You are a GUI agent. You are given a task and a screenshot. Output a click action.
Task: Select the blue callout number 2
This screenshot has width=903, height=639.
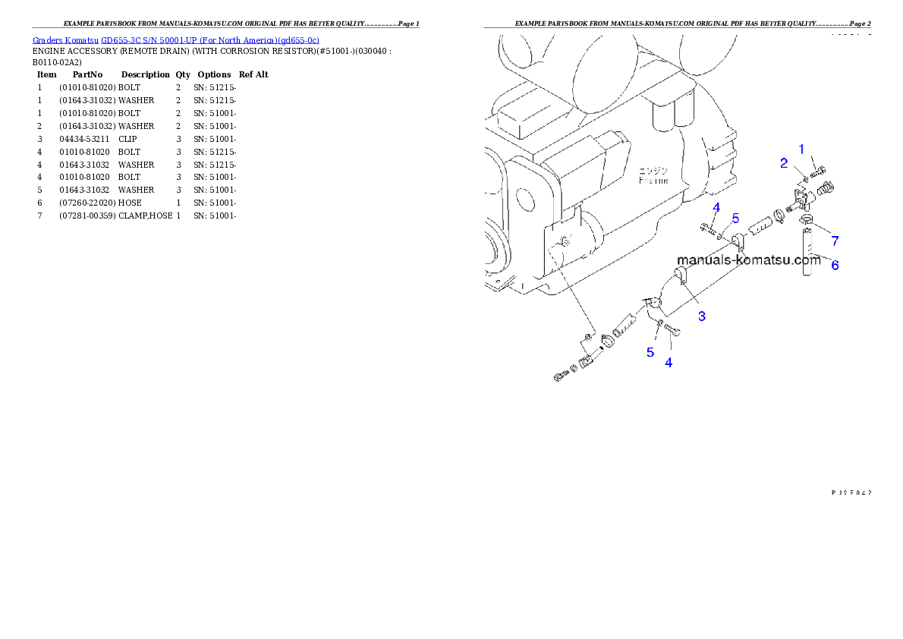784,163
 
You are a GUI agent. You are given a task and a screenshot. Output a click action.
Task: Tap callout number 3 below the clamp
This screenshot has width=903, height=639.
702,316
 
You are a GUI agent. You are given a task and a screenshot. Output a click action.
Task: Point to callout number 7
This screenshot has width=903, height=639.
835,241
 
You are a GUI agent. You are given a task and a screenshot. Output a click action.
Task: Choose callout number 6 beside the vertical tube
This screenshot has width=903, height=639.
835,265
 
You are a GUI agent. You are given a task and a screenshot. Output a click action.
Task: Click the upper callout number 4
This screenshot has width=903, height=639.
716,207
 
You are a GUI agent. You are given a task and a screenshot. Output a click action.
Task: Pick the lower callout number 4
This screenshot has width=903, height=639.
669,363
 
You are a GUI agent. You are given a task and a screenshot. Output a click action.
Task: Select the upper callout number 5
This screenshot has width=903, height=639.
735,218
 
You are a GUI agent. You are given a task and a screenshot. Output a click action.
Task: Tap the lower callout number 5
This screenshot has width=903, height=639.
650,351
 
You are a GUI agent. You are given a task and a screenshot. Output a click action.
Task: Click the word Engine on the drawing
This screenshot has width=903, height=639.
653,181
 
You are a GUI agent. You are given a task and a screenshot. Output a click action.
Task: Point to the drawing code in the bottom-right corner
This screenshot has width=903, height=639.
851,492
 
